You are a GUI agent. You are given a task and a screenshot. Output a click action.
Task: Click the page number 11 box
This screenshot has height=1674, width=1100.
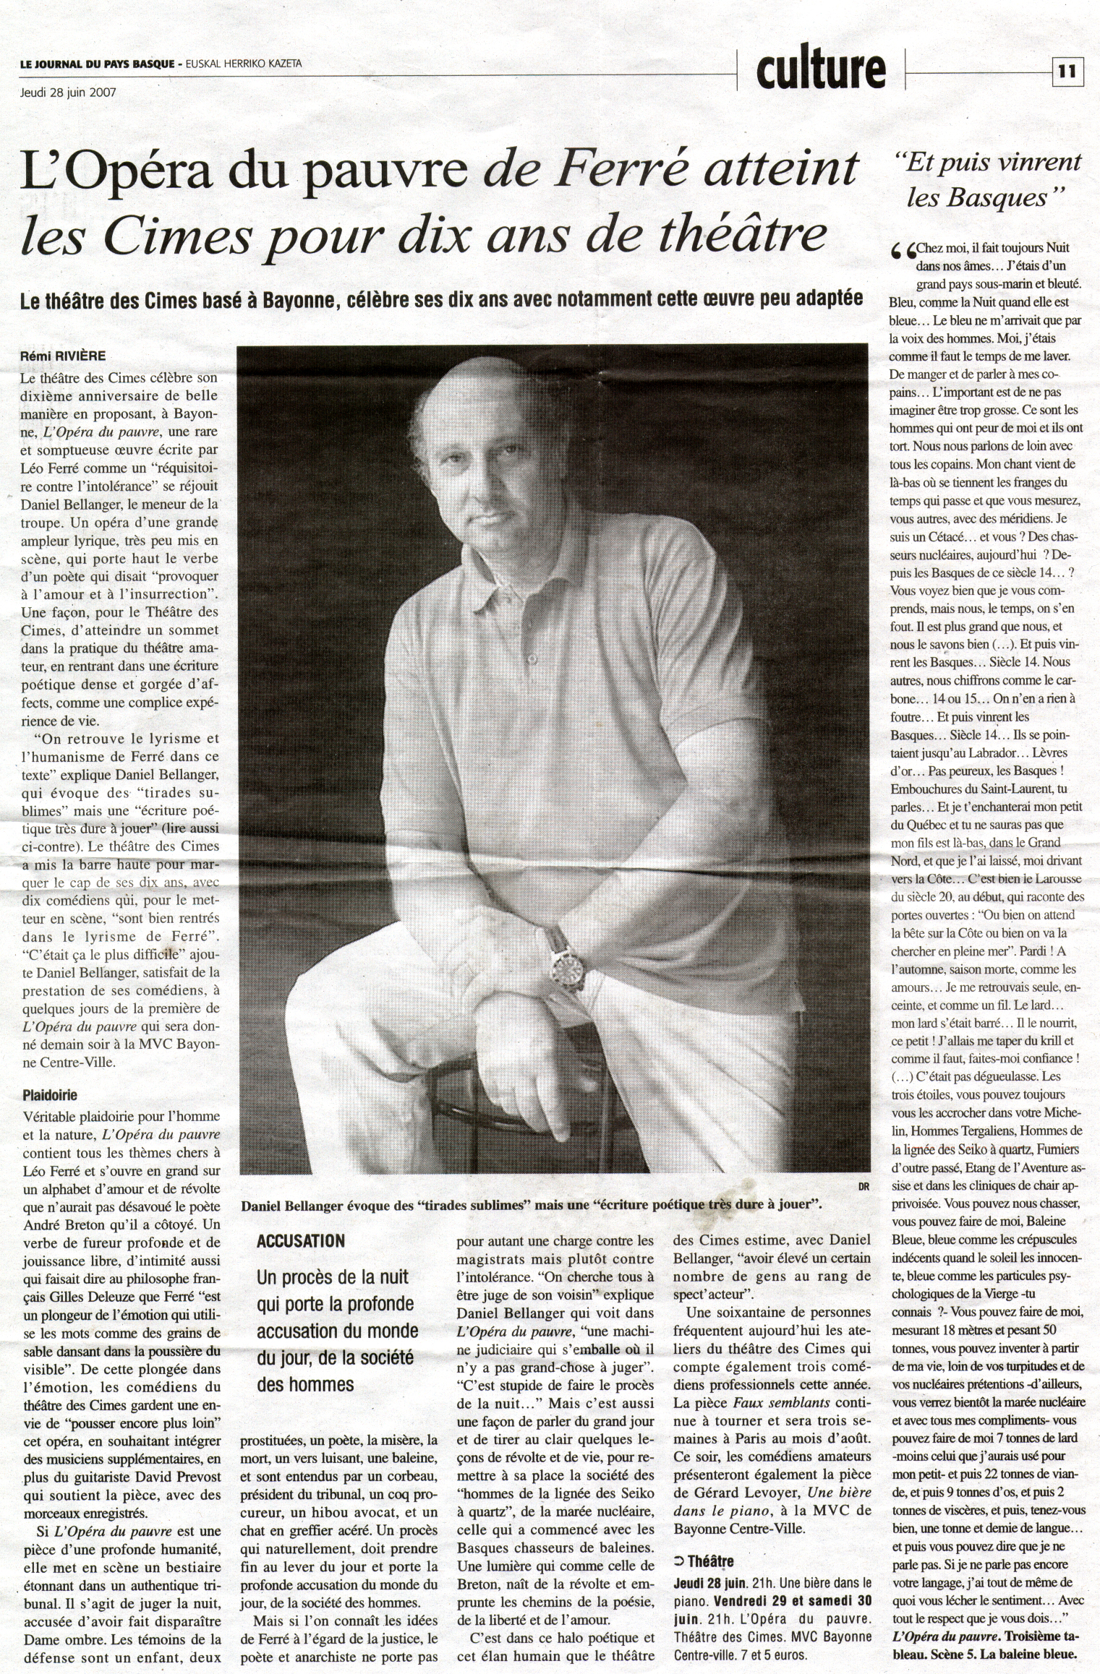(x=1067, y=71)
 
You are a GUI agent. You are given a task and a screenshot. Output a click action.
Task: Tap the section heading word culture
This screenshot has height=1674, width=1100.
(x=821, y=70)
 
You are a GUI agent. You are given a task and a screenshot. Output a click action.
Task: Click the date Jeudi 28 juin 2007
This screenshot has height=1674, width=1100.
(x=68, y=92)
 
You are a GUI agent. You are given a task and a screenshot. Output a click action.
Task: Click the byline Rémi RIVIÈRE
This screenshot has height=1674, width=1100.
(x=64, y=356)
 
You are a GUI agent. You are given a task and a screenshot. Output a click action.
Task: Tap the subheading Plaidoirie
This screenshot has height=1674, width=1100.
(x=50, y=1095)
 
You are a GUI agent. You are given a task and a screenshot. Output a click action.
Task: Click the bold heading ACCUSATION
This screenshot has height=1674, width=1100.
(x=301, y=1241)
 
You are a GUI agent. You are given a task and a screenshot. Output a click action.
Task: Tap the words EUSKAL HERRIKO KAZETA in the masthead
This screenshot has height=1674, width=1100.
(x=244, y=64)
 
